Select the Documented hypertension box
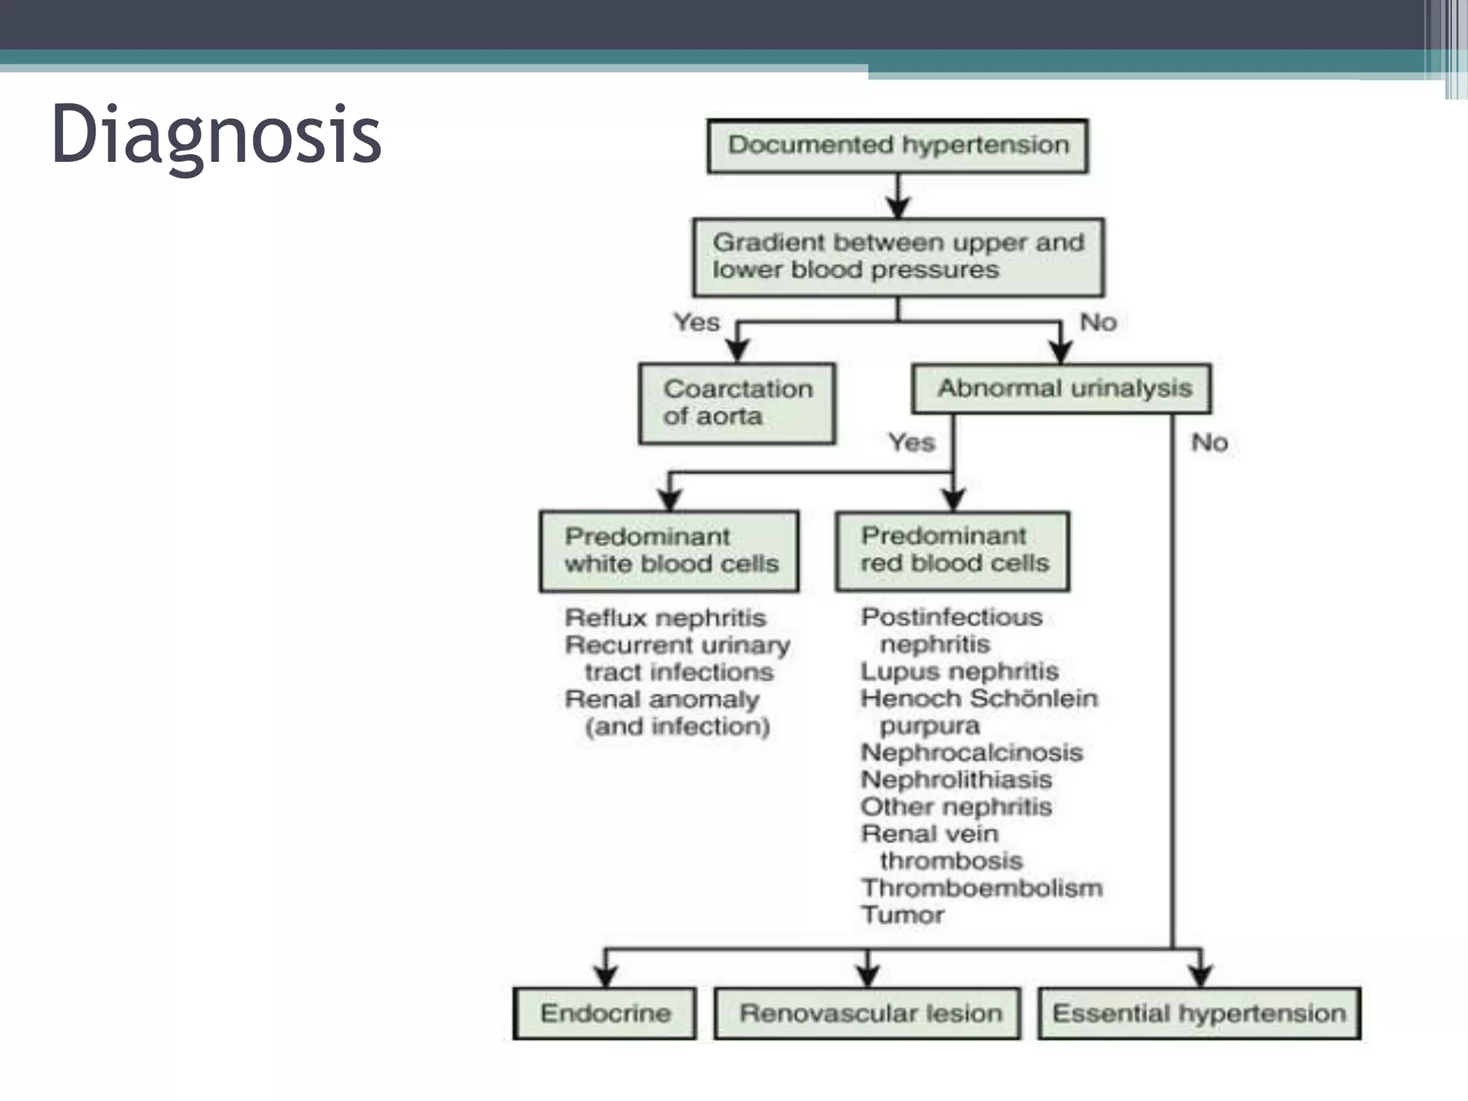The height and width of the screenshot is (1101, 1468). pyautogui.click(x=897, y=146)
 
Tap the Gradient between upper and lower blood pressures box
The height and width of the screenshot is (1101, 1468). pyautogui.click(x=898, y=257)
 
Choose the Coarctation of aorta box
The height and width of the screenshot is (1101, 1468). pyautogui.click(x=738, y=404)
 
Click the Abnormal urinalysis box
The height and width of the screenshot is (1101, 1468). pyautogui.click(x=1062, y=389)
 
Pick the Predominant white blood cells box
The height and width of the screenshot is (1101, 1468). pyautogui.click(x=669, y=550)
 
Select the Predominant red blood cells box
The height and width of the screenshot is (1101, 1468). pyautogui.click(x=953, y=550)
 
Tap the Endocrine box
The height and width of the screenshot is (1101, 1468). pyautogui.click(x=605, y=1013)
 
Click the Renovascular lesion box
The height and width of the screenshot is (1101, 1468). pyautogui.click(x=868, y=1013)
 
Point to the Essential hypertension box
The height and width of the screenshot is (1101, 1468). pyautogui.click(x=1199, y=1013)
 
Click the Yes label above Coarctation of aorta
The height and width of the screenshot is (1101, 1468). pyautogui.click(x=696, y=323)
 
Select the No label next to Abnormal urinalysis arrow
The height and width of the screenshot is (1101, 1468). pyautogui.click(x=1098, y=323)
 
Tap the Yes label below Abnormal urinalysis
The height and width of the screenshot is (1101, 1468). pyautogui.click(x=912, y=442)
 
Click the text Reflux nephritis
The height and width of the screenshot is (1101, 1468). pyautogui.click(x=665, y=618)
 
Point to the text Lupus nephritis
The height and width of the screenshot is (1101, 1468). pyautogui.click(x=959, y=672)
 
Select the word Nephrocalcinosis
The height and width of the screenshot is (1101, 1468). pyautogui.click(x=971, y=753)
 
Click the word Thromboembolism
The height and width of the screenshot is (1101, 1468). pyautogui.click(x=981, y=888)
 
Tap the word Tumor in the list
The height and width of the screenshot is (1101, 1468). pyautogui.click(x=902, y=915)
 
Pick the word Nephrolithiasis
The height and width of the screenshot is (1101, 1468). pyautogui.click(x=956, y=780)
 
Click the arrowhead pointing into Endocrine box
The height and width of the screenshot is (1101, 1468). pyautogui.click(x=606, y=976)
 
